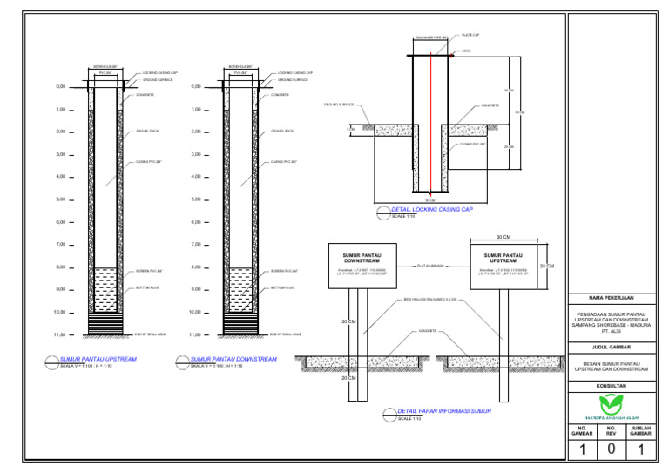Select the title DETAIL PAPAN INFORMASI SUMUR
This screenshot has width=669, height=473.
click(x=444, y=411)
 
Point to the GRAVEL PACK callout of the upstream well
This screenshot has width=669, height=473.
click(x=147, y=132)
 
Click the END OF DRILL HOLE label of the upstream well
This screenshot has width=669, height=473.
click(x=151, y=334)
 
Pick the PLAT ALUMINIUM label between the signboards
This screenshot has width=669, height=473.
click(x=431, y=266)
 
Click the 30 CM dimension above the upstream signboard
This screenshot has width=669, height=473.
click(x=503, y=237)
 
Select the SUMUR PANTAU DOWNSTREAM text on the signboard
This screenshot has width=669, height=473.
click(x=362, y=258)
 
